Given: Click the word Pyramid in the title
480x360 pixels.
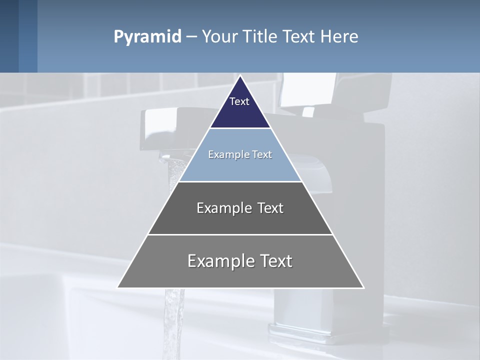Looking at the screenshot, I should click(147, 37).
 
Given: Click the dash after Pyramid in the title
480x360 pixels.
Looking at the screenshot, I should click(191, 37).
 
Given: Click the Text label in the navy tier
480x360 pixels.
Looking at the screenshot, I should click(239, 101).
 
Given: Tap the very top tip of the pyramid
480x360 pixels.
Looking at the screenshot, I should click(240, 76).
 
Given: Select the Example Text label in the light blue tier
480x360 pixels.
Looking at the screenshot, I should click(240, 154).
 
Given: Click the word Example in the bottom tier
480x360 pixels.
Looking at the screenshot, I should click(220, 261).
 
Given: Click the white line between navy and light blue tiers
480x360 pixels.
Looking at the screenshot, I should click(240, 128).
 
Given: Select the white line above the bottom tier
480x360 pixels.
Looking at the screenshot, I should click(240, 234).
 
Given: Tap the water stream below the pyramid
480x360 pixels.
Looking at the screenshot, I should click(173, 320).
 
